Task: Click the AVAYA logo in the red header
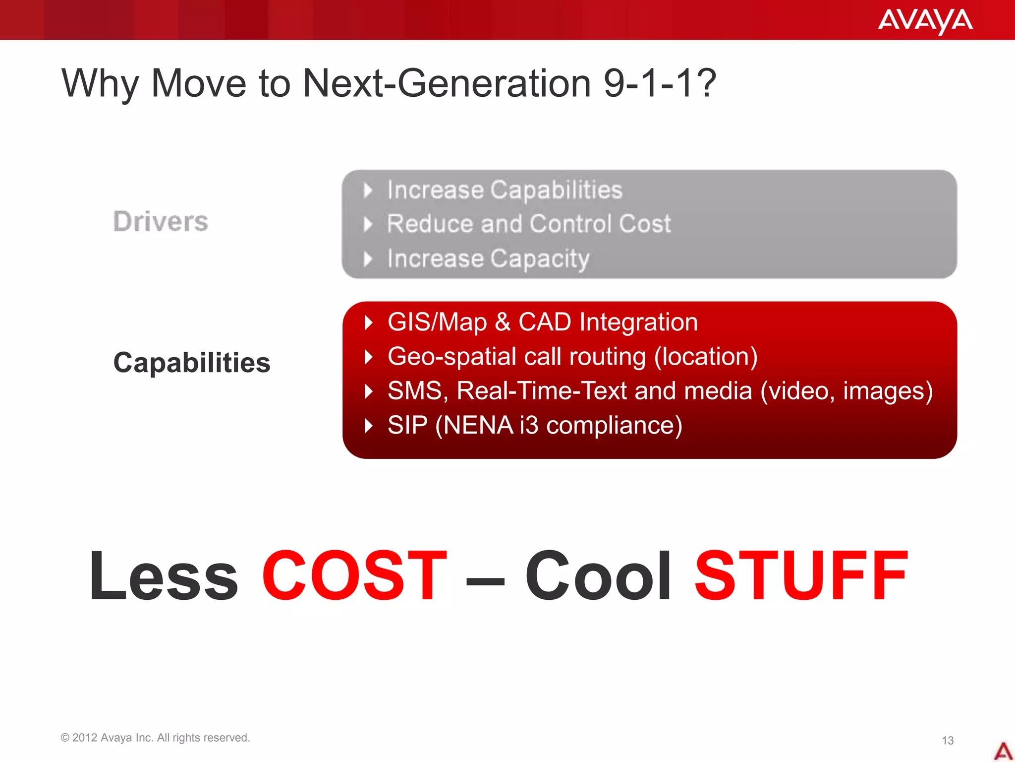click(x=925, y=21)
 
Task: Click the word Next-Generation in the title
click(x=447, y=83)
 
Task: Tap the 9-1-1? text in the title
click(x=660, y=83)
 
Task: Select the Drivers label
click(x=161, y=221)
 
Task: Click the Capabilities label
click(x=192, y=363)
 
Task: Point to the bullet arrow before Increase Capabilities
click(x=368, y=190)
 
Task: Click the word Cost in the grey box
click(x=645, y=224)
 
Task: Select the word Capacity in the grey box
click(x=540, y=259)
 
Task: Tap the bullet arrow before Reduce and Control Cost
click(x=368, y=225)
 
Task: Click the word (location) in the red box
click(x=706, y=357)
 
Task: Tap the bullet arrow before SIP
click(x=368, y=426)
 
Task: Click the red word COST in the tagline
click(x=354, y=576)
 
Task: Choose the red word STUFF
click(x=801, y=576)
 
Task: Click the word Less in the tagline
click(x=164, y=576)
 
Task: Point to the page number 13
click(x=948, y=741)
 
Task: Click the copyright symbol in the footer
click(x=65, y=738)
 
